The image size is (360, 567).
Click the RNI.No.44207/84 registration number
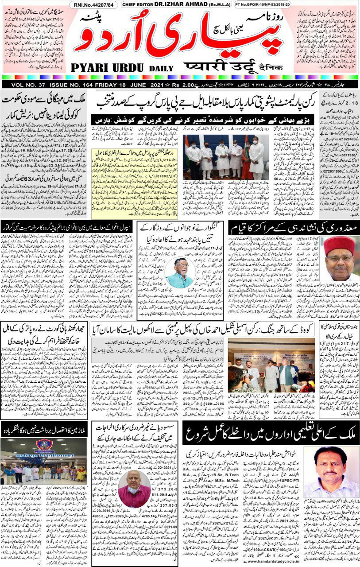94,5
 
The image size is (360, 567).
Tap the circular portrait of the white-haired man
179,272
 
